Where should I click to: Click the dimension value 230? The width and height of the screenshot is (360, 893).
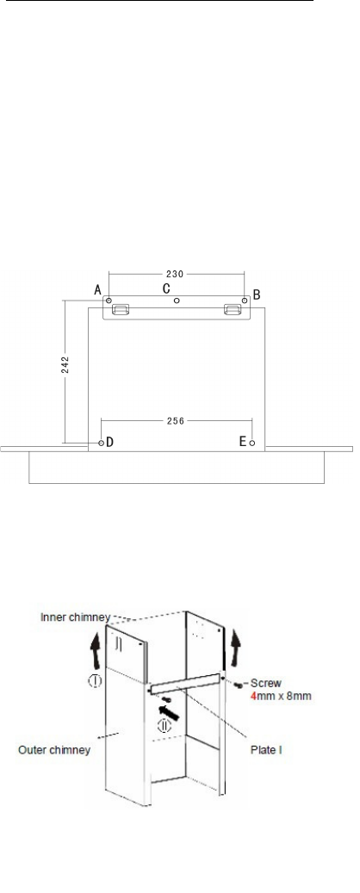tap(175, 274)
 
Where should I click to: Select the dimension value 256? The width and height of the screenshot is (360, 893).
tap(176, 421)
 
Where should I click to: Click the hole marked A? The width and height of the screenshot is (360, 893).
tap(109, 301)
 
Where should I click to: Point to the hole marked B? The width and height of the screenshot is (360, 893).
tap(245, 301)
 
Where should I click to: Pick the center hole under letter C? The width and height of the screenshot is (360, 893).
tap(177, 301)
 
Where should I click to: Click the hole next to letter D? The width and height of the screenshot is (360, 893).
tap(102, 443)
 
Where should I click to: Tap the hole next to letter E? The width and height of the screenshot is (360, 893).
tap(252, 443)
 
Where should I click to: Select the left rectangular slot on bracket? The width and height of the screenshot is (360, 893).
tap(121, 309)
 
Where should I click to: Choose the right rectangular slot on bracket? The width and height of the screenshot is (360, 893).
tap(233, 309)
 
